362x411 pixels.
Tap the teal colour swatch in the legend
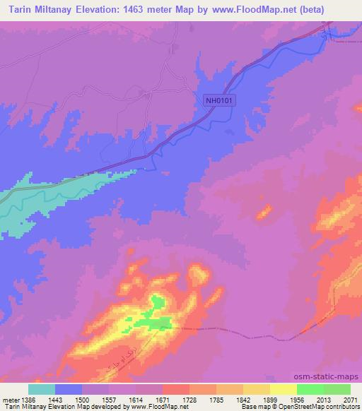tap(42, 389)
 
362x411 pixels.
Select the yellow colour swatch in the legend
tap(283, 389)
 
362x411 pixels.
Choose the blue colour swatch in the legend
tap(69, 389)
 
